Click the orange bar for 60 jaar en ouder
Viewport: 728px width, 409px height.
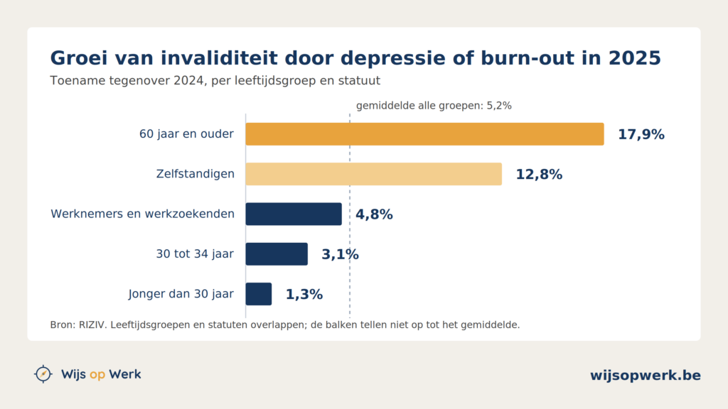click(x=425, y=134)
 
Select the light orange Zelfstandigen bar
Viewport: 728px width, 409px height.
click(x=374, y=174)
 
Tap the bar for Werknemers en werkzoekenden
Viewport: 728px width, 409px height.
click(x=294, y=214)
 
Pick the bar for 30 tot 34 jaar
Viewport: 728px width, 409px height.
click(x=277, y=254)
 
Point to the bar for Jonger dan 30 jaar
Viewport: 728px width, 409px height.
click(x=259, y=294)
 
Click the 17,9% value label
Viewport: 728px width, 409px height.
click(x=641, y=134)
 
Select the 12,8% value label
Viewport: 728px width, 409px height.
click(x=539, y=175)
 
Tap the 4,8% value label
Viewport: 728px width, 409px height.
click(x=374, y=214)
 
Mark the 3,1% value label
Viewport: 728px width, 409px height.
click(x=340, y=255)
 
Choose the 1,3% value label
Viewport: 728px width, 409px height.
click(x=304, y=295)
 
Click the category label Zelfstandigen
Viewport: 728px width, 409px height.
click(x=195, y=174)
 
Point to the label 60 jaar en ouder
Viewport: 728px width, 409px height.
click(x=187, y=134)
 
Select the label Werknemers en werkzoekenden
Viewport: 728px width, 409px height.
click(x=142, y=214)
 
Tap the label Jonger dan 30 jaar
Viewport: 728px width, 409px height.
click(x=181, y=294)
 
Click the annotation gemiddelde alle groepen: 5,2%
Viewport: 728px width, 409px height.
click(x=434, y=106)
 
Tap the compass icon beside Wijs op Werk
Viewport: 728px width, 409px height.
click(x=43, y=373)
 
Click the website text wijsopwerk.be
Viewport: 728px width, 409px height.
click(x=646, y=375)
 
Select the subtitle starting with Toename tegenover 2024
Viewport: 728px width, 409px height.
click(x=215, y=81)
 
